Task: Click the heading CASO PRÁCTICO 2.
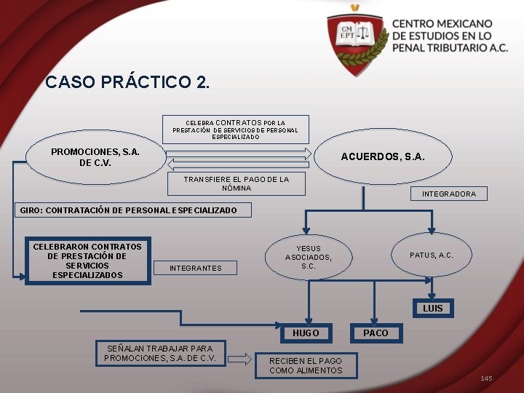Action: click(x=127, y=82)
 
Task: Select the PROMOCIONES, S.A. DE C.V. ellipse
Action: click(x=95, y=157)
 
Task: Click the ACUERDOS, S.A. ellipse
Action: click(x=383, y=156)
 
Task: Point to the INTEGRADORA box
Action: click(x=449, y=194)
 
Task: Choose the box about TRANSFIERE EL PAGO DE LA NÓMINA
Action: click(x=236, y=183)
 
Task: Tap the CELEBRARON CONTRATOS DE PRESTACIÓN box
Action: click(x=87, y=261)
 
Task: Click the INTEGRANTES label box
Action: click(x=195, y=268)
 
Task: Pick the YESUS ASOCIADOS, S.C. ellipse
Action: click(x=309, y=257)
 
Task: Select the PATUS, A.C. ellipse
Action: click(x=431, y=255)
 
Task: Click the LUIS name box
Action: click(x=432, y=309)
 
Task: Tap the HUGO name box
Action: click(x=306, y=333)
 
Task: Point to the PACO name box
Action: click(x=376, y=333)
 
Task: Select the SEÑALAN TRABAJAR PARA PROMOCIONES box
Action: click(x=160, y=353)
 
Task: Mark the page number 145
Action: click(x=486, y=378)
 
